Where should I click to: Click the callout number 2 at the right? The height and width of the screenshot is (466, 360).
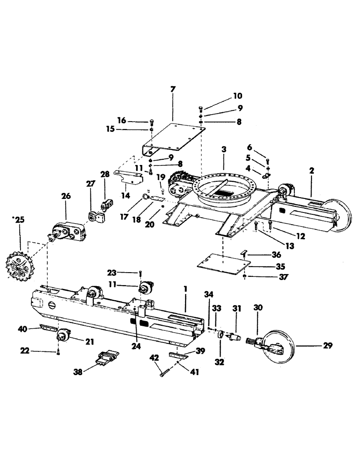pyautogui.click(x=311, y=171)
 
